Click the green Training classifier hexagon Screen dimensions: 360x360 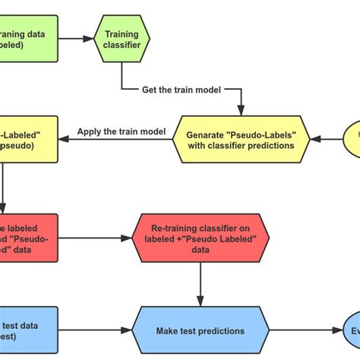pos(121,40)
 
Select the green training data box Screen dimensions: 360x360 pos(27,39)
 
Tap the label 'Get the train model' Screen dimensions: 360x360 pos(181,89)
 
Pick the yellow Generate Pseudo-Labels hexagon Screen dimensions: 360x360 pos(240,139)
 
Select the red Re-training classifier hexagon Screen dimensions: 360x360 pos(201,237)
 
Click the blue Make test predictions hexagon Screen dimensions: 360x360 pos(201,330)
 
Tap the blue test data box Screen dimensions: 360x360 pos(27,330)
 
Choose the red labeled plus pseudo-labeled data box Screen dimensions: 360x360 pos(27,237)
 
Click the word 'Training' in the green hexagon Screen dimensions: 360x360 pos(121,34)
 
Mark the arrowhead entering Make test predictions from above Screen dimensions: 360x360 pos(201,302)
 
